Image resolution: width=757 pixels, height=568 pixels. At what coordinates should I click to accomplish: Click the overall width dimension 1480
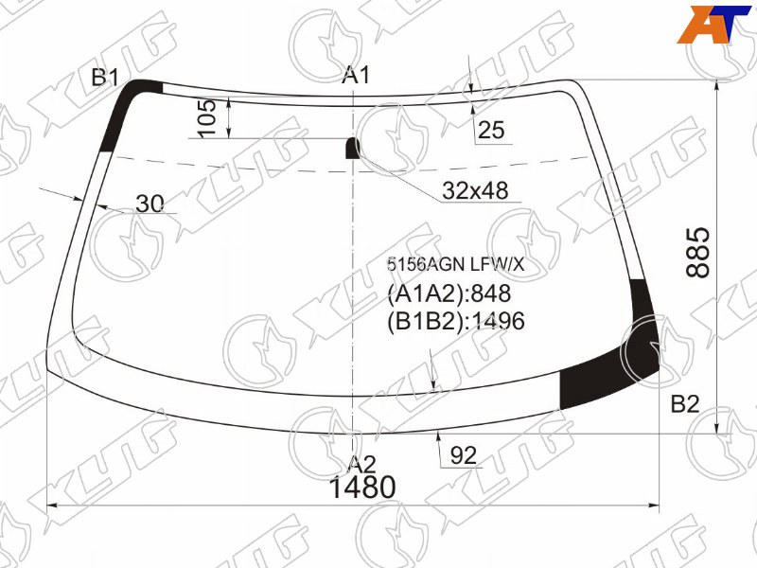pyautogui.click(x=362, y=487)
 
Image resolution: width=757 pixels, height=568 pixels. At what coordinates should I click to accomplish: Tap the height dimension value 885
pyautogui.click(x=698, y=253)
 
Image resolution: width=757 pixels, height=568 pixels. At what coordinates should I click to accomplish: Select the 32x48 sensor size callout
pyautogui.click(x=475, y=191)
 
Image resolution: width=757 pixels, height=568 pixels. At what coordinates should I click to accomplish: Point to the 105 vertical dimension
pyautogui.click(x=207, y=117)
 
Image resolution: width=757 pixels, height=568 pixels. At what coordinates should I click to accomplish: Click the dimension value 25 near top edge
pyautogui.click(x=491, y=130)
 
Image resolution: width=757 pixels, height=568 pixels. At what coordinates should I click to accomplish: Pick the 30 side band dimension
pyautogui.click(x=150, y=204)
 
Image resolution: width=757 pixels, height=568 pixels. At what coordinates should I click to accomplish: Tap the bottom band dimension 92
pyautogui.click(x=463, y=455)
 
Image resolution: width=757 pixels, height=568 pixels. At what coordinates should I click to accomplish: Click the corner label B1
pyautogui.click(x=105, y=78)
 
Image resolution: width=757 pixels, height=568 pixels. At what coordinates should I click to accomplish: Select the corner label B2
pyautogui.click(x=684, y=404)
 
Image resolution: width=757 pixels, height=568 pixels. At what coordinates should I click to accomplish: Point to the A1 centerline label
pyautogui.click(x=356, y=76)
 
